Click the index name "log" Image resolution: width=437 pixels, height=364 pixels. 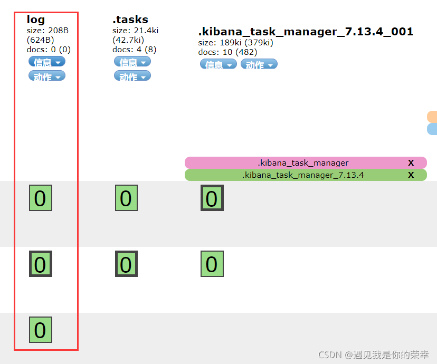pos(36,20)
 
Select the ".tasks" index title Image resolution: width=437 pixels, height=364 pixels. pos(130,20)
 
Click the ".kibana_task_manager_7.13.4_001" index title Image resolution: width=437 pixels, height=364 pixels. pos(306,32)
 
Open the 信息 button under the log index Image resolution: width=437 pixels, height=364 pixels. pos(47,62)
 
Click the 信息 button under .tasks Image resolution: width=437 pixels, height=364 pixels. pos(132,62)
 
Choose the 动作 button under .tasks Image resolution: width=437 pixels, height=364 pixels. pos(132,76)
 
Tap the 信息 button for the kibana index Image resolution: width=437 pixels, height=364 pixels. pos(218,64)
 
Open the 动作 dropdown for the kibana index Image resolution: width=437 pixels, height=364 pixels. pos(259,64)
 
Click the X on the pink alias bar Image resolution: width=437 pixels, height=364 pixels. pos(411,163)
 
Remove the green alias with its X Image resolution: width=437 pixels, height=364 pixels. pos(411,175)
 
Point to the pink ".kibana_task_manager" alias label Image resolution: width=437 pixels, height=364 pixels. pos(303,163)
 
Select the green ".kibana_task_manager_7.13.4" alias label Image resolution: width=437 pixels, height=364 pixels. pos(303,175)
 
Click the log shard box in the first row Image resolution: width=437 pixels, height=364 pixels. pos(40,198)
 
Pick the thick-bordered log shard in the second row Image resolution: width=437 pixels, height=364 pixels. pos(40,264)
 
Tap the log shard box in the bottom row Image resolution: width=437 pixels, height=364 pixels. pos(40,330)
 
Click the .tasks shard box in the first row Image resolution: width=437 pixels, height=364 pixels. pos(126,198)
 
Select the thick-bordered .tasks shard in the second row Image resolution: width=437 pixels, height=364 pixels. pos(126,264)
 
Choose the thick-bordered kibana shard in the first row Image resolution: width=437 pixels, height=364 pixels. pos(212,198)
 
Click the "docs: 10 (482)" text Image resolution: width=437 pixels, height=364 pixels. pos(227,52)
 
